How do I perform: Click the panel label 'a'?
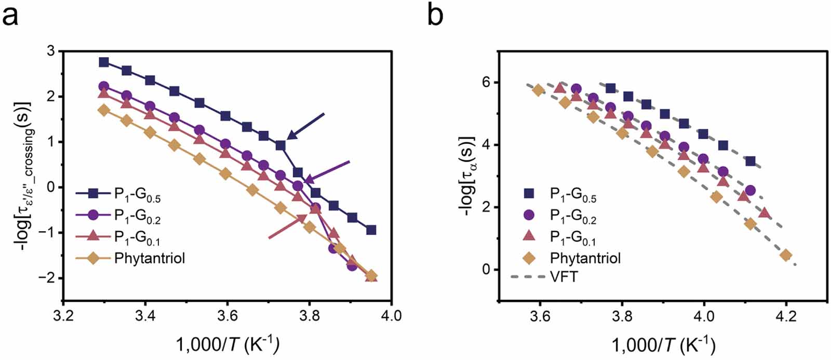pyautogui.click(x=11, y=17)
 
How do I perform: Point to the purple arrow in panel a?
pyautogui.click(x=327, y=171)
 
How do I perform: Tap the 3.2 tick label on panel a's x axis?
pyautogui.click(x=63, y=316)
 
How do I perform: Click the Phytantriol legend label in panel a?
pyautogui.click(x=150, y=258)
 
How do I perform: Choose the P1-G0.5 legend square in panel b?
pyautogui.click(x=529, y=194)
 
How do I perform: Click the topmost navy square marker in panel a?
pyautogui.click(x=104, y=62)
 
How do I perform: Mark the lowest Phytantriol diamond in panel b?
pyautogui.click(x=786, y=255)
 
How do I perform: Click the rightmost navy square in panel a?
pyautogui.click(x=371, y=230)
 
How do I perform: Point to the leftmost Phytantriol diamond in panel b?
pyautogui.click(x=539, y=90)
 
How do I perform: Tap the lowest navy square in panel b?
pyautogui.click(x=750, y=161)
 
